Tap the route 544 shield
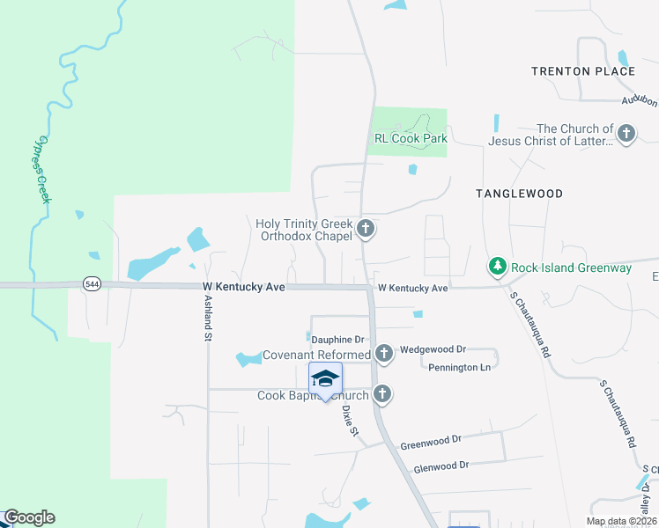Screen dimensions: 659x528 click(x=92, y=283)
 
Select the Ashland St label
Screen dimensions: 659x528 click(x=208, y=318)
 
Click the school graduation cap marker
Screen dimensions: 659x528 click(x=325, y=379)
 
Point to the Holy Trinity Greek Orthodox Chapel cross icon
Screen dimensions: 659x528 click(x=366, y=231)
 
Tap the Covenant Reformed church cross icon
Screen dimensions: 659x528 click(x=383, y=355)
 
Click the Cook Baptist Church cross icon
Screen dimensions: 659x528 click(x=382, y=394)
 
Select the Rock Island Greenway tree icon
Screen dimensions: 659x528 click(x=498, y=267)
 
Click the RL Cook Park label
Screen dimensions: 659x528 click(x=411, y=138)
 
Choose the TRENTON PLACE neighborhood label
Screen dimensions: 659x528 click(x=583, y=71)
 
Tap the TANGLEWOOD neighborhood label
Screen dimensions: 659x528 click(x=519, y=193)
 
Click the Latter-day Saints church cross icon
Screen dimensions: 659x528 click(x=626, y=135)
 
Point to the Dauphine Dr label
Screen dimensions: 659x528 click(x=337, y=339)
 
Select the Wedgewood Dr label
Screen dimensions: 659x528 click(x=433, y=349)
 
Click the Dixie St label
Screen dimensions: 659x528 click(x=349, y=420)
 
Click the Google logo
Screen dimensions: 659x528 click(x=29, y=517)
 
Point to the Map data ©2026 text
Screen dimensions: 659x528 click(x=620, y=521)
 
